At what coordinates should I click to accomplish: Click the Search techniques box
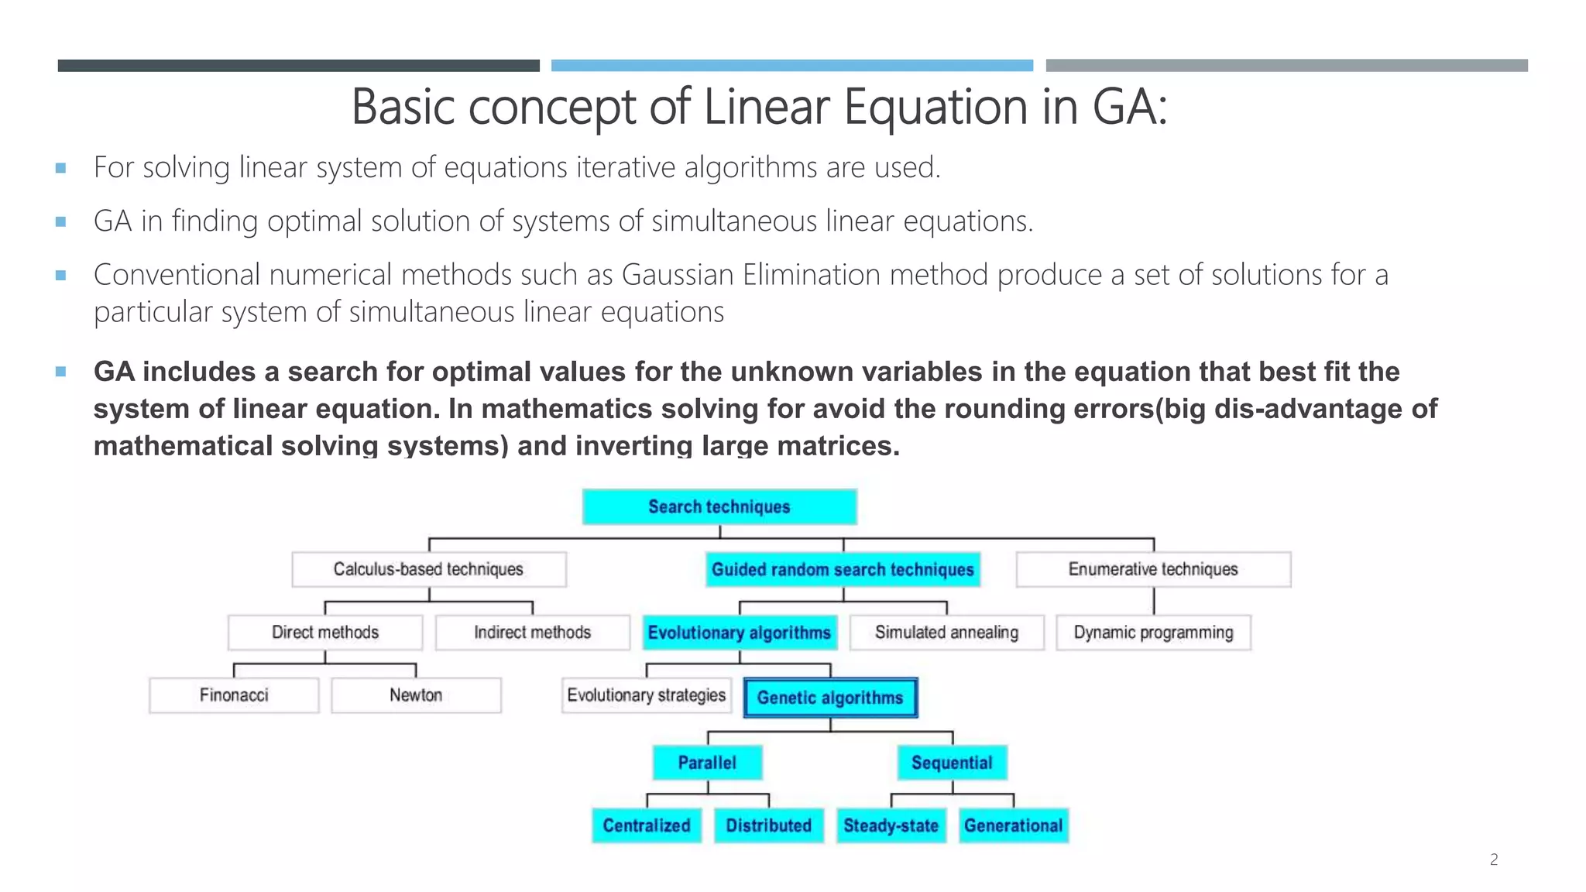pos(719,507)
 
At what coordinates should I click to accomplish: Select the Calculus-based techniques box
pos(428,569)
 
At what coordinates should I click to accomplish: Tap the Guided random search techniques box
pos(843,570)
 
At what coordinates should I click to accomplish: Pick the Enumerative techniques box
pos(1153,569)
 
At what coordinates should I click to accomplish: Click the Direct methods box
pos(325,633)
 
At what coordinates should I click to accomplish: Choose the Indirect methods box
pos(532,633)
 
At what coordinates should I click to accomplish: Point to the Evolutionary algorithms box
pos(740,633)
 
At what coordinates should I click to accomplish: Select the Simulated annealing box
pos(946,633)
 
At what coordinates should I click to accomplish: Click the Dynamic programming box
pos(1153,633)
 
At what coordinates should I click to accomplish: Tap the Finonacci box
pos(234,695)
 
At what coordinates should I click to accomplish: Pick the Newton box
pos(416,695)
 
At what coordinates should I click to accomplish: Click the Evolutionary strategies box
pos(647,695)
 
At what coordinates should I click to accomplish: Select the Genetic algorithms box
pos(830,698)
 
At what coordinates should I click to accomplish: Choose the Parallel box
pos(707,763)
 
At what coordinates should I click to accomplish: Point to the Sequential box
pos(952,763)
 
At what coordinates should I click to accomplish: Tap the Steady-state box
pos(891,825)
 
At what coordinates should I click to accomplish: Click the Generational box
pos(1013,825)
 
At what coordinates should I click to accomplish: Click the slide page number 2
pos(1494,859)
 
